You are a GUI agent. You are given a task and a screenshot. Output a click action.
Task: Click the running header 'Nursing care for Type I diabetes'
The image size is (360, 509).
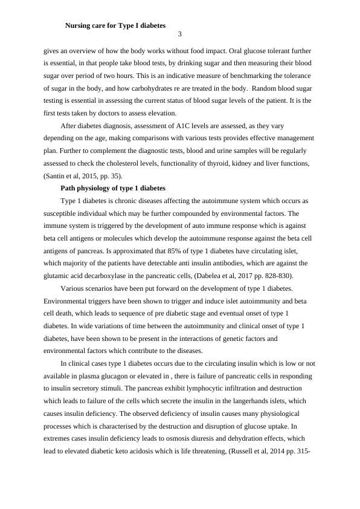pos(115,26)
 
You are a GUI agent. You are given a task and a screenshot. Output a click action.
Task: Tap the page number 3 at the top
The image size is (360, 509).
pos(179,36)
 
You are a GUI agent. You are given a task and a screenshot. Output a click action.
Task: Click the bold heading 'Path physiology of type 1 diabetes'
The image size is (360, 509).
pos(113,189)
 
